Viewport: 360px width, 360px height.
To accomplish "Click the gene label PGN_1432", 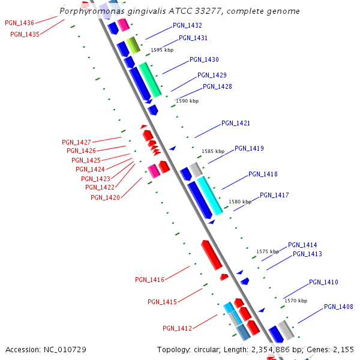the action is [x=187, y=26].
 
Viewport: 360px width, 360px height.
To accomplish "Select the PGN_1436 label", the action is [x=19, y=23].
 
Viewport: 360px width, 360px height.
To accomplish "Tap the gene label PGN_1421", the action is [x=236, y=124].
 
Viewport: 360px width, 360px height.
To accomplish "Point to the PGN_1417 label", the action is [x=274, y=196].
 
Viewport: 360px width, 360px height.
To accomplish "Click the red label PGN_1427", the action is [x=76, y=142].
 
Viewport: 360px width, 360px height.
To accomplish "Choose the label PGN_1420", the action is [x=105, y=197].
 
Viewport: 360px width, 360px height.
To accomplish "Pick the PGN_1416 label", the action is [x=149, y=280].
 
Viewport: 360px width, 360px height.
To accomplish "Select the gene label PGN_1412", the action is [x=177, y=328].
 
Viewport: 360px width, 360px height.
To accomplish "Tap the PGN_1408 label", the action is [x=338, y=307].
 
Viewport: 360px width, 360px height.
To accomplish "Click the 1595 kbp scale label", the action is [x=162, y=50].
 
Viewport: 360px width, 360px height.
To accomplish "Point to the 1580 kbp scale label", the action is [x=240, y=202].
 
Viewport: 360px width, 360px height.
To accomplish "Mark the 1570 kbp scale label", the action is [x=295, y=301].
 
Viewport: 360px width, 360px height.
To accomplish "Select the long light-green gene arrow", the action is [x=150, y=79].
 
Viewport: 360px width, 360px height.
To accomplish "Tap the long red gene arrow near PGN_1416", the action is [x=211, y=255].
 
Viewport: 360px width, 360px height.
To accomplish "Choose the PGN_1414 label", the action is [x=302, y=245].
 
